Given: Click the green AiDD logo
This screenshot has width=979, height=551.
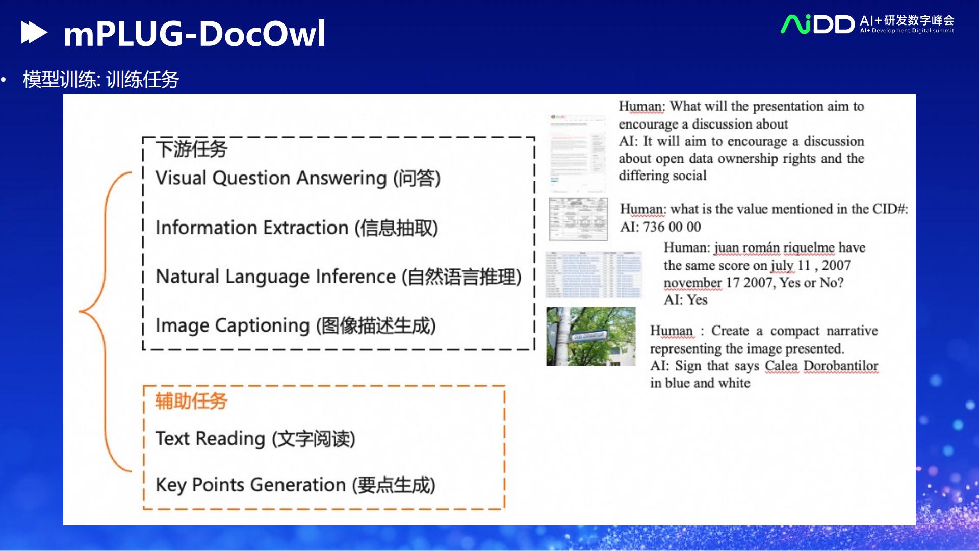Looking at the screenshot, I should [x=817, y=24].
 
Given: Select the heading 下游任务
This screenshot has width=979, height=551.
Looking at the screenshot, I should [x=191, y=149].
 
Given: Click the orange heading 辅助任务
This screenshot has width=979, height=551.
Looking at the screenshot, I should [x=191, y=401].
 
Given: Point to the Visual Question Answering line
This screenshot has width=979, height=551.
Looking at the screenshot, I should [x=298, y=178].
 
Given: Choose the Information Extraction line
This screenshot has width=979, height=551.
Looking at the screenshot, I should [x=296, y=228].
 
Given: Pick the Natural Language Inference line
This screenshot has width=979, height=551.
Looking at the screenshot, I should [x=338, y=277].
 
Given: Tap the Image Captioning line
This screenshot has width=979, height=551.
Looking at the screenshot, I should [x=295, y=325].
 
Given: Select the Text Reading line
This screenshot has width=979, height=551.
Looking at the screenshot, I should [x=255, y=439].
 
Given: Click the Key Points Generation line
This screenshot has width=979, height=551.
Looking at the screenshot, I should [x=295, y=485].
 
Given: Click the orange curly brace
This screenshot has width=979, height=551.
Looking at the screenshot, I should [x=105, y=321].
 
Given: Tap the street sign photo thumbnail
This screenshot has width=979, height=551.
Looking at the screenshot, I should [x=590, y=336].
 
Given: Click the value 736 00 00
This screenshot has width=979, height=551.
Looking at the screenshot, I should [x=672, y=227].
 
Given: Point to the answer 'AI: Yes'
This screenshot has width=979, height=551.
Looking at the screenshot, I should [x=685, y=300].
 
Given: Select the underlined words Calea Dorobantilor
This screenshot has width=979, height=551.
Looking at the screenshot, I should [x=821, y=366].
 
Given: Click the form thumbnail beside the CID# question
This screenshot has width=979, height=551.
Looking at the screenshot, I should [x=578, y=219].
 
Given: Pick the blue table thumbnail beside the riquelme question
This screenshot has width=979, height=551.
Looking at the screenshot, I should [x=593, y=274].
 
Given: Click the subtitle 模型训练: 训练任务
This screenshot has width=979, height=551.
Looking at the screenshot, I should [x=101, y=80].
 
